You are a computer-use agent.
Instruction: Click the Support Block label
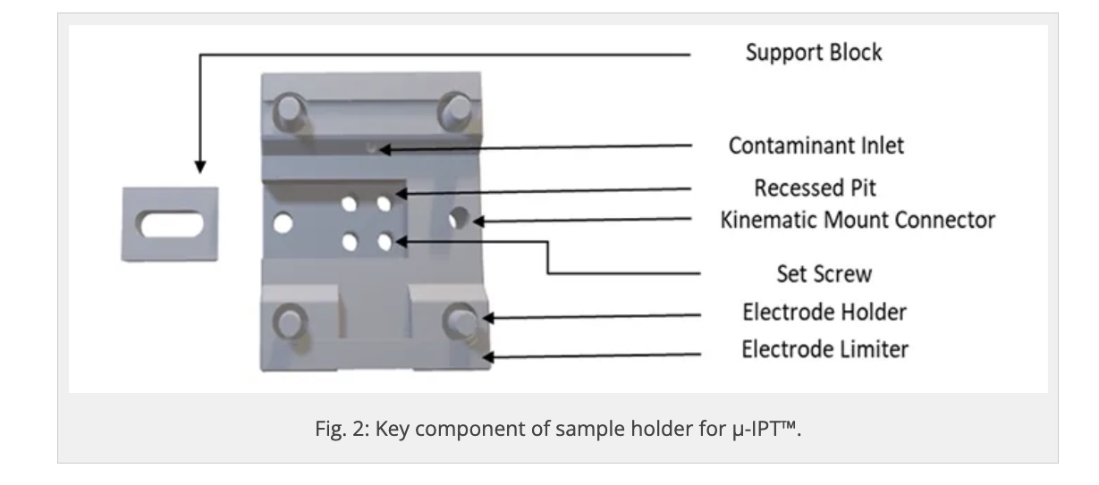814,53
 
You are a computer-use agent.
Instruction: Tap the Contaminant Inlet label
816,146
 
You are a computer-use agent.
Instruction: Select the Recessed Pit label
815,188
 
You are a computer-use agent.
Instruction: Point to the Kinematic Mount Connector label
858,220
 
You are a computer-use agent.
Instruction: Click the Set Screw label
824,274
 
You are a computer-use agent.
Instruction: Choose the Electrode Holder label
824,313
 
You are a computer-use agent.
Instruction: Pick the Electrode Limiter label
824,350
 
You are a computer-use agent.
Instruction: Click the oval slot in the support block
170,224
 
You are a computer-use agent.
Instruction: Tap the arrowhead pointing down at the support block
199,166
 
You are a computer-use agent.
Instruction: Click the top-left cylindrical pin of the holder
289,111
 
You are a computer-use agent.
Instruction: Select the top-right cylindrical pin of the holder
456,111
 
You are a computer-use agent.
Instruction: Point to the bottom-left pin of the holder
290,322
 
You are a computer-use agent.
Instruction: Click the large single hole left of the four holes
283,223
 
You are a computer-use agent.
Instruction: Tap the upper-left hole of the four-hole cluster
350,204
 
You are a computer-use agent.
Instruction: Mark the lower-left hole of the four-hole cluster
350,242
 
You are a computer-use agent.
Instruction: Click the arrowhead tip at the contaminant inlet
380,149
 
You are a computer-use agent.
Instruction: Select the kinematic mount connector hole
459,218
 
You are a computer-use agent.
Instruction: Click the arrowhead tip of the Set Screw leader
395,241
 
